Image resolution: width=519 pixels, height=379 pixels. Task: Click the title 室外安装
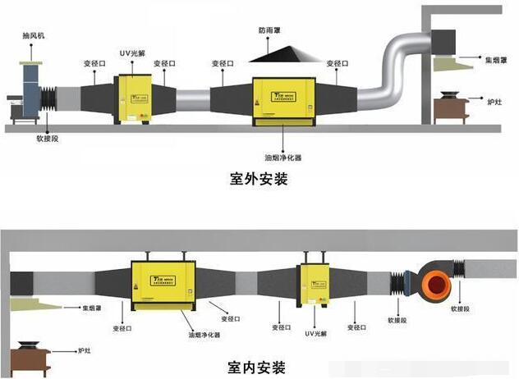(x=259, y=176)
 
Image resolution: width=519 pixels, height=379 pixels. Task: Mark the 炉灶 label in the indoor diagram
(x=85, y=351)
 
